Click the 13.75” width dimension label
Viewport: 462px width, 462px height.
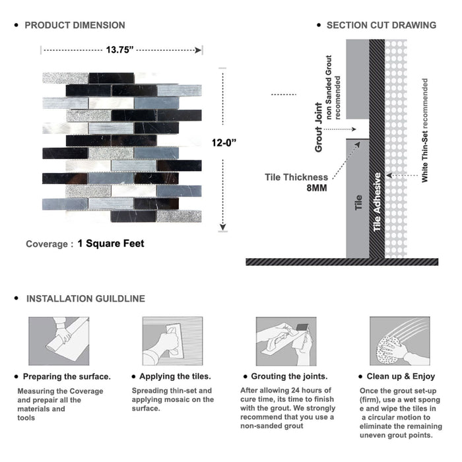coord(119,49)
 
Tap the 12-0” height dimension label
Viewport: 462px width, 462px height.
coord(224,143)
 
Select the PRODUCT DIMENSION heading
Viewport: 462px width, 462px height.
coord(75,25)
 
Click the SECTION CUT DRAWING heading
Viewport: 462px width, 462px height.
coord(381,25)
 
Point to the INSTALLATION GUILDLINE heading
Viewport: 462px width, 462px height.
coord(86,299)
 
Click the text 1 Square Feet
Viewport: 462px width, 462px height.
coord(111,244)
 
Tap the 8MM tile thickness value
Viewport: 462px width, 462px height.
coord(317,188)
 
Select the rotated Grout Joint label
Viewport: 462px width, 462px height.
coord(319,127)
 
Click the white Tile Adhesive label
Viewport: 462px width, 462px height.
coord(377,202)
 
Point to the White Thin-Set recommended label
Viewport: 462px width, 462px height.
coord(424,130)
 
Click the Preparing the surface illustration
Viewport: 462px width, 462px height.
coord(59,341)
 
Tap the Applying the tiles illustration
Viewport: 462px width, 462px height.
coord(173,341)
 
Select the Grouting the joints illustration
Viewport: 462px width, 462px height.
coord(286,341)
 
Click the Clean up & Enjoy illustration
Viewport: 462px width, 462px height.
coord(400,341)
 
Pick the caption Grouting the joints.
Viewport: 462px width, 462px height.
coord(289,377)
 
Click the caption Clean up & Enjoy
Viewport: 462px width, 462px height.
coord(401,377)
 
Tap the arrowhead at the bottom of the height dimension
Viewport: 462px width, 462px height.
coord(223,227)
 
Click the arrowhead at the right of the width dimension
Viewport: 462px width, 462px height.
coord(198,50)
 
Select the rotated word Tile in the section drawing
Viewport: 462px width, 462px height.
coord(358,203)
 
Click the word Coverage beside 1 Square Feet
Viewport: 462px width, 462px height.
coord(47,244)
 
